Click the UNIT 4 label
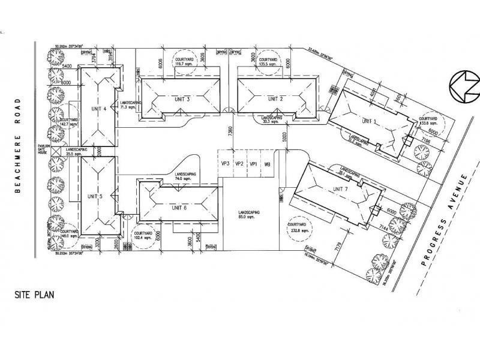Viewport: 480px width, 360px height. click(98, 109)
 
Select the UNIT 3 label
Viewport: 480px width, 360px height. click(180, 99)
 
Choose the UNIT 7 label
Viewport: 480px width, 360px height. click(340, 190)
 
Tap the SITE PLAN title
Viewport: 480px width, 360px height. click(38, 295)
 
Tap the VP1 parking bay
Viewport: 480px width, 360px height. click(253, 164)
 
